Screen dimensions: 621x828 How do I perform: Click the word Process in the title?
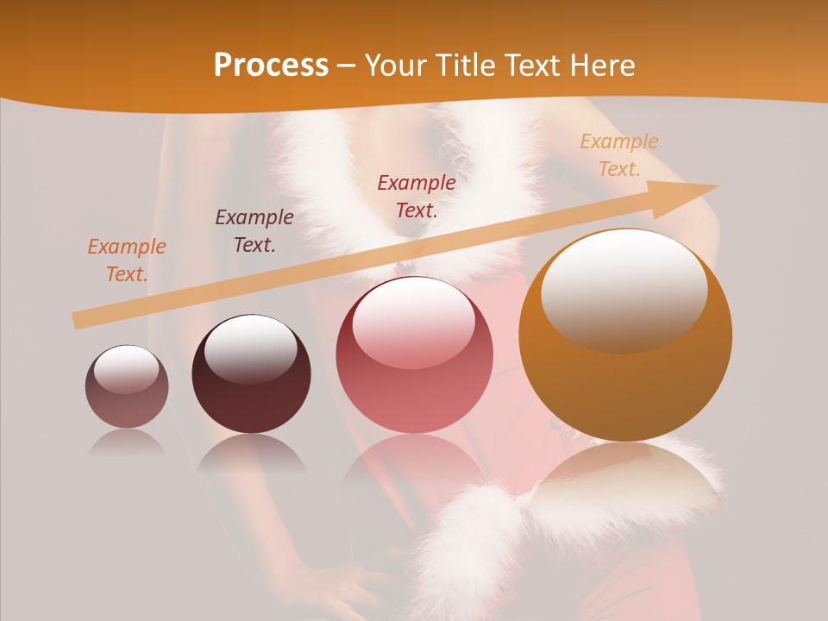coord(271,65)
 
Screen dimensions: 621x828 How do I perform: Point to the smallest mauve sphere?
coord(127,386)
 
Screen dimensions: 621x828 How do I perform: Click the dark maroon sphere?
coord(251,374)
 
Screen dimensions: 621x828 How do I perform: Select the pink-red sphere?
coord(414,355)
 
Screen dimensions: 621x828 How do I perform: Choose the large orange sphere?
coord(625,335)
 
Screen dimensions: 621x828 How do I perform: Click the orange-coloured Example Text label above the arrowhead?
coord(619,155)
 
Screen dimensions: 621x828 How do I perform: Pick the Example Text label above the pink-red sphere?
coord(417,196)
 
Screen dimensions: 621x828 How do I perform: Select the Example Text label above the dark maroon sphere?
coord(254,230)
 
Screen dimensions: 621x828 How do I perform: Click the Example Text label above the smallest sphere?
coord(127,260)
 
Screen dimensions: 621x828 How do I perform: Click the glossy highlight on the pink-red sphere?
coord(413,321)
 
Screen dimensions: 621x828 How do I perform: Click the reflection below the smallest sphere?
coord(127,442)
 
